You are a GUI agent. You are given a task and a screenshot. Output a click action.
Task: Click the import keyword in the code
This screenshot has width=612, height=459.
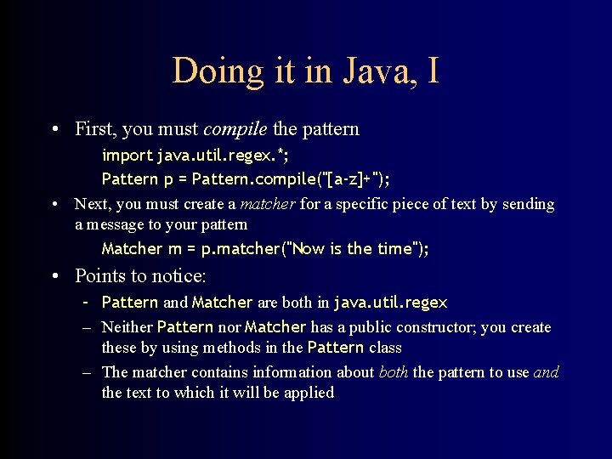coord(127,156)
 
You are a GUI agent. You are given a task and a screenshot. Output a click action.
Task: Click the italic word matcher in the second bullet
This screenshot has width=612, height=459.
coord(265,204)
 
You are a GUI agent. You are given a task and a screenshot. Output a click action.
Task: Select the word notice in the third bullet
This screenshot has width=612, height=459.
coord(179,276)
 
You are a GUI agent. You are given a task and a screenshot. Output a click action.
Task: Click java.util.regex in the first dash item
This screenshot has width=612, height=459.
coord(390,303)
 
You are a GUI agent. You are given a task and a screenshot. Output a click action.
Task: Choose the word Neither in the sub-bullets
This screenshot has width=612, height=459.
coord(127,327)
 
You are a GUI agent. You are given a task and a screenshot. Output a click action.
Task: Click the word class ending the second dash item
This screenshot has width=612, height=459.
coord(385,348)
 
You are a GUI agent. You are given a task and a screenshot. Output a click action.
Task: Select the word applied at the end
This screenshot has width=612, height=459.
coord(309,393)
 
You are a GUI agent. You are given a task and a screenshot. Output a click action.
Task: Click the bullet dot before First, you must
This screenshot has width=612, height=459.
coord(54,130)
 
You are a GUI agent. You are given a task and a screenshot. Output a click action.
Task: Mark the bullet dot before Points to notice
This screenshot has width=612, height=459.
coord(54,277)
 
